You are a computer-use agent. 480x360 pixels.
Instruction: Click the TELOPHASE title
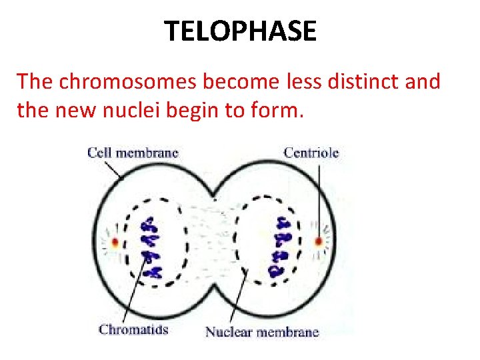(x=240, y=31)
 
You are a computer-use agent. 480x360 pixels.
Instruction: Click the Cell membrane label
(x=133, y=152)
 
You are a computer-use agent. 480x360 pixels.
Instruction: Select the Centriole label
(x=311, y=152)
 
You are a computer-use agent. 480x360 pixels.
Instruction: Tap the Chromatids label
(x=133, y=329)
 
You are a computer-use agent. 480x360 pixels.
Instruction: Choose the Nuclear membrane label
(x=262, y=331)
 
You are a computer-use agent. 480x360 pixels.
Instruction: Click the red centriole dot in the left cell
(x=115, y=242)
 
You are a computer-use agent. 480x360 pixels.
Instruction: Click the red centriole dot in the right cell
(x=319, y=241)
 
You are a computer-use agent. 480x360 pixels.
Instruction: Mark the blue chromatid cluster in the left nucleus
(x=151, y=247)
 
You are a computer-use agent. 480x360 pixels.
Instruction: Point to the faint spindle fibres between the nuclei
(x=215, y=240)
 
